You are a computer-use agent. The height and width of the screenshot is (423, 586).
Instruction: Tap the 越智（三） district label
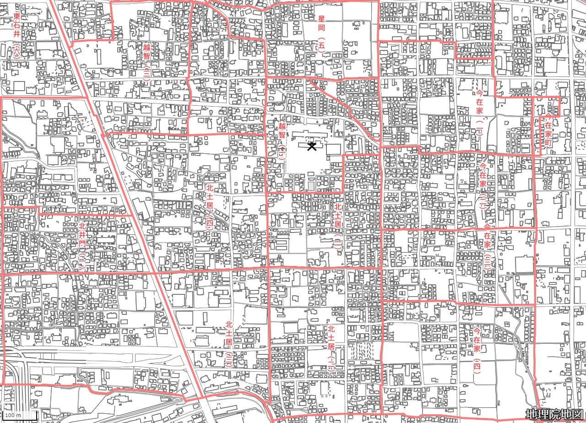coord(146,62)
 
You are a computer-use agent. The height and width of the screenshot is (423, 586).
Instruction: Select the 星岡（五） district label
coord(321,34)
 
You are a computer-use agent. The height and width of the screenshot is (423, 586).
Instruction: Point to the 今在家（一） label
coord(479,114)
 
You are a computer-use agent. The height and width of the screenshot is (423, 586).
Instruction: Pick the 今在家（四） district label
coord(477,350)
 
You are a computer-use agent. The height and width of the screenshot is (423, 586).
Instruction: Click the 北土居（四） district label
coord(210,206)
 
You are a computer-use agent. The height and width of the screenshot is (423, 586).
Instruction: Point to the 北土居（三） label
coord(229,344)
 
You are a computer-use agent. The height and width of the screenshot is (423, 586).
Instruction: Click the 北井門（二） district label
coord(82,244)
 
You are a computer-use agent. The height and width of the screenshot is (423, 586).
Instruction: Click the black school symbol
coord(312,146)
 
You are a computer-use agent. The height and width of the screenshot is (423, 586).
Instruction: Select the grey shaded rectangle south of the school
coord(311,186)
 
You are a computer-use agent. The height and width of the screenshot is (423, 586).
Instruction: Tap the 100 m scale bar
coord(18,415)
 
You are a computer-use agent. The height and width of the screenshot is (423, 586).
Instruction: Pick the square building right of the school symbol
coord(334,149)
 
